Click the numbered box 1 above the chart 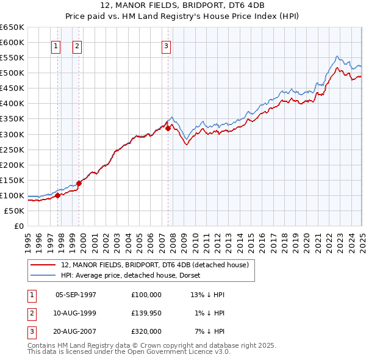pyautogui.click(x=56, y=45)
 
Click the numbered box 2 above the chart pyautogui.click(x=77, y=45)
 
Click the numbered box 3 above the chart pyautogui.click(x=166, y=45)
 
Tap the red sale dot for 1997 pyautogui.click(x=58, y=195)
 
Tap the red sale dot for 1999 pyautogui.click(x=79, y=183)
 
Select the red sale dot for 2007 pyautogui.click(x=168, y=128)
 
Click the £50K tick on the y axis pyautogui.click(x=14, y=211)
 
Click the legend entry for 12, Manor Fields pyautogui.click(x=154, y=265)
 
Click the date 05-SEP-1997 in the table pyautogui.click(x=76, y=295)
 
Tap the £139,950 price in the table pyautogui.click(x=146, y=313)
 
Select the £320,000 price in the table pyautogui.click(x=146, y=331)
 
